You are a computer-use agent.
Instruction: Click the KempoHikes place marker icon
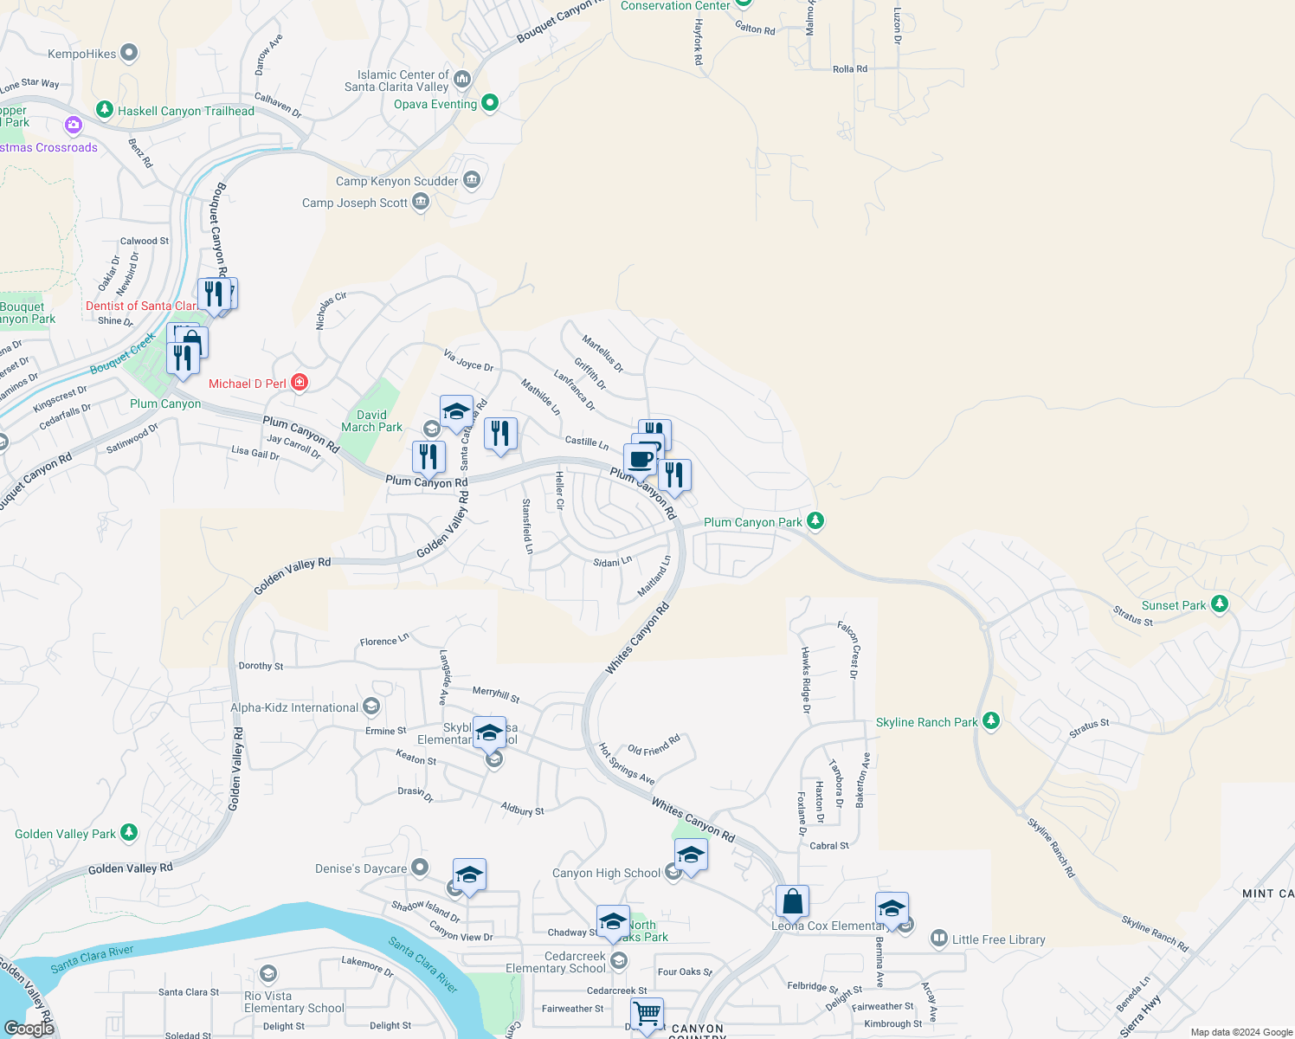(x=129, y=54)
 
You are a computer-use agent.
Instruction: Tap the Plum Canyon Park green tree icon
(x=815, y=521)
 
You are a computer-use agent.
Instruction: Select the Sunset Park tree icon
(x=1220, y=604)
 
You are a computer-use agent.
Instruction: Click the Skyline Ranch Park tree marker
(x=991, y=721)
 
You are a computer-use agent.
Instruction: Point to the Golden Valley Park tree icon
(x=129, y=833)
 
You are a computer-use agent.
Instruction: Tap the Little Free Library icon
(x=939, y=939)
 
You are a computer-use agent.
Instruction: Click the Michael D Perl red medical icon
(x=300, y=383)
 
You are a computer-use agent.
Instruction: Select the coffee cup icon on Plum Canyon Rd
(x=641, y=459)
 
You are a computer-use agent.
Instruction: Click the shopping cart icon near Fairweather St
(x=647, y=1013)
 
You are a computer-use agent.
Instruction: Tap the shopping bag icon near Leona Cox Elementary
(x=792, y=902)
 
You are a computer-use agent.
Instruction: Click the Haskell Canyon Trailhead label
(x=186, y=111)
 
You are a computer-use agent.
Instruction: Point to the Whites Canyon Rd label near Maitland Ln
(x=637, y=639)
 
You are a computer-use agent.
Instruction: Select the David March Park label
(x=371, y=421)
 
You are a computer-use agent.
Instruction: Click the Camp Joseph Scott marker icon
(x=421, y=203)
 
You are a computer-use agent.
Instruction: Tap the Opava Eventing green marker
(x=490, y=103)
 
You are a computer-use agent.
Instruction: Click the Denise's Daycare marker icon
(x=420, y=867)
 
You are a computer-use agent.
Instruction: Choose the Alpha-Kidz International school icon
(x=371, y=707)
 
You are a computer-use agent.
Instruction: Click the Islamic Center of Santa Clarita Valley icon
(x=461, y=80)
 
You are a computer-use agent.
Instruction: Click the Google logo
(x=29, y=1028)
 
